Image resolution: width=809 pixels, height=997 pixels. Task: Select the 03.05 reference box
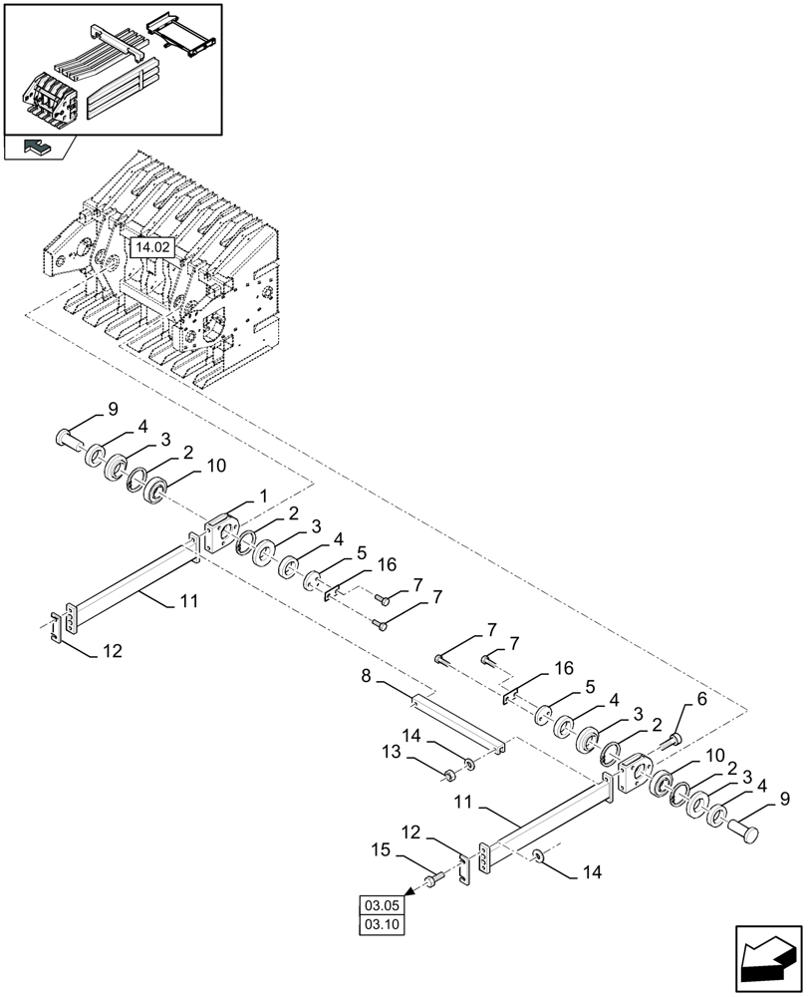383,905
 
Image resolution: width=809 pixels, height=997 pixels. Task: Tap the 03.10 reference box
383,925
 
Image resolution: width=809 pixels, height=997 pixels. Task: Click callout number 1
264,496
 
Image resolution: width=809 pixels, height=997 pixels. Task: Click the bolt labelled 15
433,880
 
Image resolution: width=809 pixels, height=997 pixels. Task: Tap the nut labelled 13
450,773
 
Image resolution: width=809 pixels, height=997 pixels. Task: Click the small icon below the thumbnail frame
38,147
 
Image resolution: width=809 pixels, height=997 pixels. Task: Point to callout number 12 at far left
113,651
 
